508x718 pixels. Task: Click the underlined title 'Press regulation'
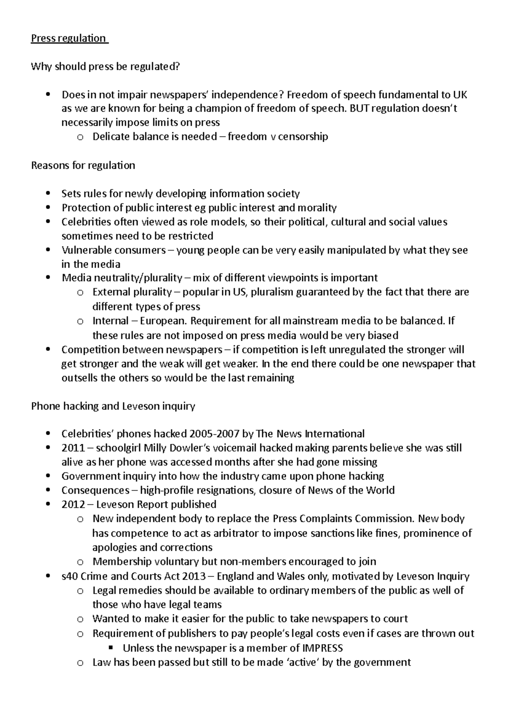69,38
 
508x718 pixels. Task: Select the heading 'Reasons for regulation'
83,165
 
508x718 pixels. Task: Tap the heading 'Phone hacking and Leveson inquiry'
113,406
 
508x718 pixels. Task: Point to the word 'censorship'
304,137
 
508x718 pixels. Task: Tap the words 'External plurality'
132,292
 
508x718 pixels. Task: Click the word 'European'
163,321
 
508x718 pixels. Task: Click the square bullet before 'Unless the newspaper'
111,648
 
